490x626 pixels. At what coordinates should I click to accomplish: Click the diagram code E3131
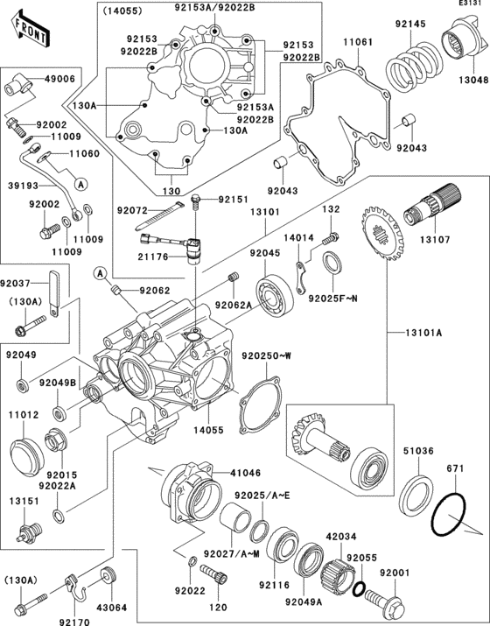[470, 5]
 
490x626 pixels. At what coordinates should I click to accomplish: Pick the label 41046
[246, 472]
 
